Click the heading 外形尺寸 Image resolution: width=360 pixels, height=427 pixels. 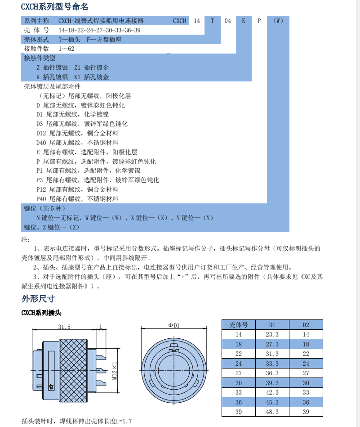(x=38, y=298)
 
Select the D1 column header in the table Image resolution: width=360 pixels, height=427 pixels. (x=272, y=325)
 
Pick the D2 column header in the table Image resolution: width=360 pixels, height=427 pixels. (x=306, y=325)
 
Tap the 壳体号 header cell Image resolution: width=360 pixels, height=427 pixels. (x=239, y=325)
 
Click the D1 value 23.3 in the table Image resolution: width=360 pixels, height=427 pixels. (x=272, y=334)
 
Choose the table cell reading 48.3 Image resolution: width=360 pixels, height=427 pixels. (x=272, y=412)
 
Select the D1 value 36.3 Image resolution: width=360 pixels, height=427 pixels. (x=272, y=373)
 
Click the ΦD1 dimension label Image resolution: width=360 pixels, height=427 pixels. (x=173, y=325)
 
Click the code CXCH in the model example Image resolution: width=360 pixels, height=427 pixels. (x=179, y=21)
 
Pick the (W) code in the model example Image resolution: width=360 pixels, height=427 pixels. (x=278, y=21)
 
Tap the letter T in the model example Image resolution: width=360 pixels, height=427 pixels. (x=212, y=21)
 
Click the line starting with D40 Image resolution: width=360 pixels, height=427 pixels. (x=77, y=143)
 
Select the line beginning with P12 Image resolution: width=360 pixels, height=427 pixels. (x=77, y=189)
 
